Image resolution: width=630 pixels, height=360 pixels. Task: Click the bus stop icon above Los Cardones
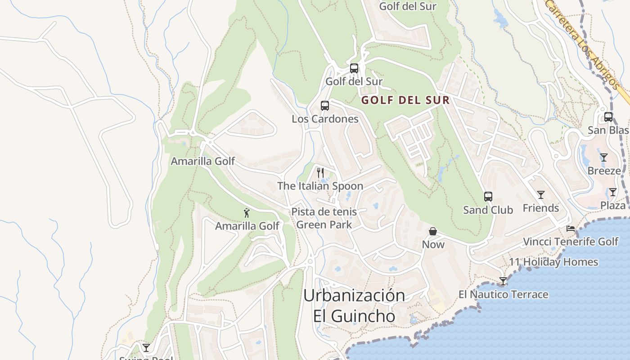[324, 106]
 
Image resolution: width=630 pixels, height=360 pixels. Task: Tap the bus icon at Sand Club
[488, 197]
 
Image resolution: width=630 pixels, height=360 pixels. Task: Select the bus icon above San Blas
[608, 117]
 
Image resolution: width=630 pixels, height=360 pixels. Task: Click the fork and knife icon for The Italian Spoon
[320, 172]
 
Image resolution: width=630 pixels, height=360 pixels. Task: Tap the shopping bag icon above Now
[432, 231]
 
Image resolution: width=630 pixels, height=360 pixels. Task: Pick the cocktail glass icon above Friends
[540, 195]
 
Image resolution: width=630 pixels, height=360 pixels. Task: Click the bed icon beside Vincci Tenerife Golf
[570, 229]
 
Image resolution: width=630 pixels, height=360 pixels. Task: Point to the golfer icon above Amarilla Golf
[246, 213]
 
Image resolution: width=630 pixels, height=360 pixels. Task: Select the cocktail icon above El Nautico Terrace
[503, 281]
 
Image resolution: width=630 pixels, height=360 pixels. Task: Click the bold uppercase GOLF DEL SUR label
[405, 100]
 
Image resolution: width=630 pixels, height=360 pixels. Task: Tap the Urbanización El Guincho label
[354, 306]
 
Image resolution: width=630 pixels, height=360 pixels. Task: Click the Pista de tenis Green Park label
[324, 218]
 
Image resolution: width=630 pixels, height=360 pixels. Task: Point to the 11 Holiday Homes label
[553, 262]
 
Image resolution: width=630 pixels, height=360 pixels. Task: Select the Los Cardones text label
[325, 119]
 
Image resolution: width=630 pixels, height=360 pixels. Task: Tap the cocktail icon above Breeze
[603, 157]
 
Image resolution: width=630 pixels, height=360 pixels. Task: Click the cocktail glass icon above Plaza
[612, 192]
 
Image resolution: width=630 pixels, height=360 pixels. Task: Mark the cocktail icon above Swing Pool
[146, 347]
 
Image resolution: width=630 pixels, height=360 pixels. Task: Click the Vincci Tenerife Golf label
[571, 242]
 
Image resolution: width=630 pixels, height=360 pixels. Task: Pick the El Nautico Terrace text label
[503, 295]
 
